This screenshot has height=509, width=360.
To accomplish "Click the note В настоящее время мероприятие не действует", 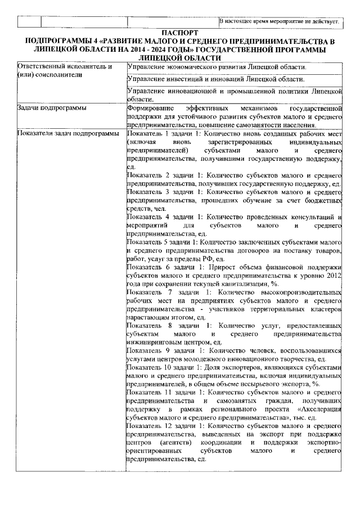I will tap(279, 22).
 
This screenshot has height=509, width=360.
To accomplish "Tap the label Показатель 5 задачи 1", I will tap(163, 241).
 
